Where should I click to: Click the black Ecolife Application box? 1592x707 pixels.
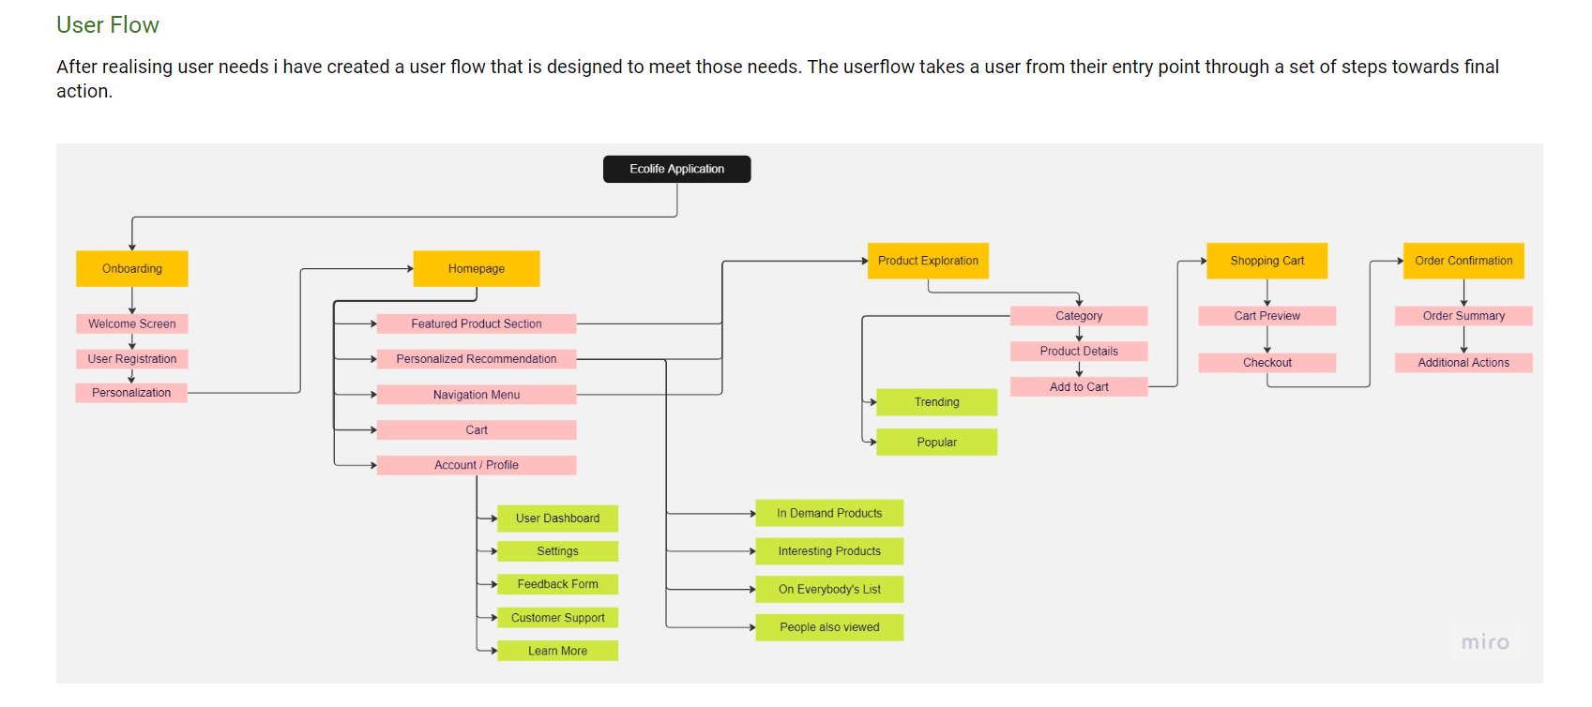coord(676,169)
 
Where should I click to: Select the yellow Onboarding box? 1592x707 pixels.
coord(132,268)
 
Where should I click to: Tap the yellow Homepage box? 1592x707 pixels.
coord(477,268)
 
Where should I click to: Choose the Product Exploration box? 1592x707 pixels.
coord(928,261)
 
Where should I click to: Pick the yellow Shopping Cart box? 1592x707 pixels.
coord(1266,261)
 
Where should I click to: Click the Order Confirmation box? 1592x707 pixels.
coord(1463,261)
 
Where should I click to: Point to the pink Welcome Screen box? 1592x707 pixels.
coord(132,323)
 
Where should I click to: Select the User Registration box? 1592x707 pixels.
coord(132,359)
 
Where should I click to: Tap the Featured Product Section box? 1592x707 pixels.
coord(477,323)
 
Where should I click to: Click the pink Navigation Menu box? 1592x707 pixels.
coord(477,395)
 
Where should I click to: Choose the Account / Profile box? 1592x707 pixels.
coord(477,465)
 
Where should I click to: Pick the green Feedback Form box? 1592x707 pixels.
coord(557,584)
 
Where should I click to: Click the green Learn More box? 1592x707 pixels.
coord(557,651)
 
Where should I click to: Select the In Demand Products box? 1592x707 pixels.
coord(829,513)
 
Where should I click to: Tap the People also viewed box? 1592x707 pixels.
coord(829,627)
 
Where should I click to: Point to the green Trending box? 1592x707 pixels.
coord(936,402)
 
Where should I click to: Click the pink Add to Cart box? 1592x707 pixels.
coord(1079,386)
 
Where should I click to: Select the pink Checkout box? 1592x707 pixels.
coord(1266,363)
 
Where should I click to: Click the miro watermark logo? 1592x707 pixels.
coord(1485,642)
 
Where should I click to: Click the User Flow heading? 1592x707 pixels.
coord(108,25)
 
